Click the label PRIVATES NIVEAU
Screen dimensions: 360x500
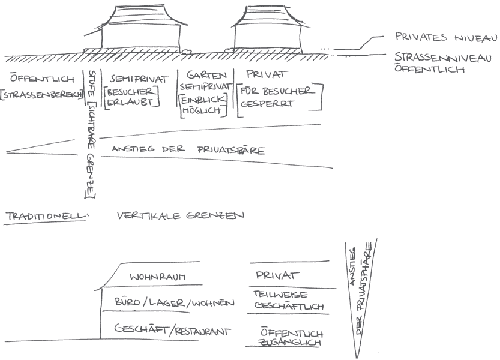[x=446, y=37]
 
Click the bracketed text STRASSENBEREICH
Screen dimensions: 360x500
[x=42, y=96]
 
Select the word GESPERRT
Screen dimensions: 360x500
[x=265, y=103]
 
